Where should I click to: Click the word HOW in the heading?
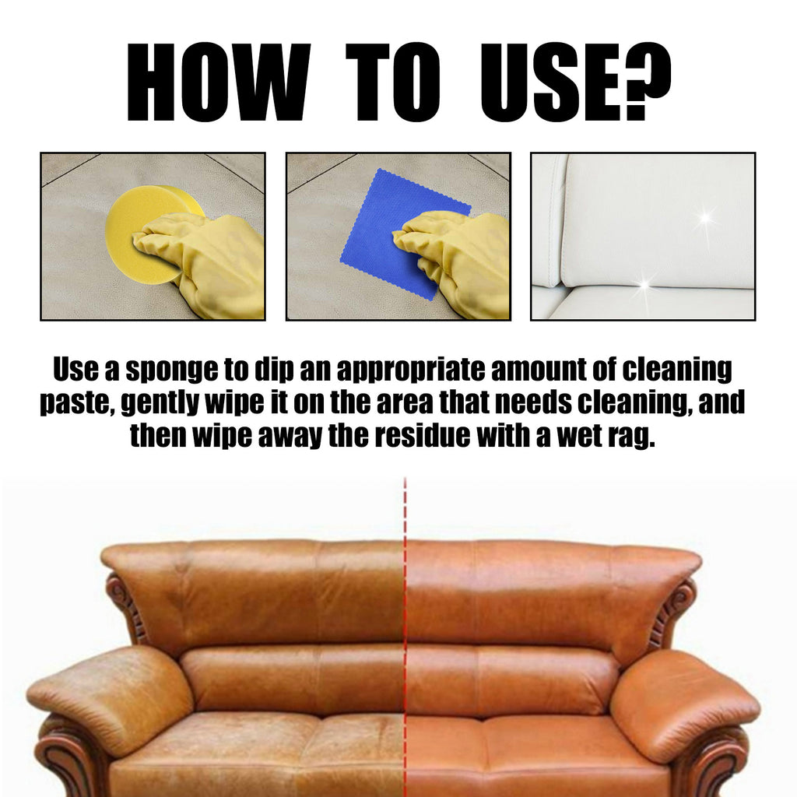(218, 82)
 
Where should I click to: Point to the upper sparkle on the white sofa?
(704, 218)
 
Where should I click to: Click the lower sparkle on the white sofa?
(644, 284)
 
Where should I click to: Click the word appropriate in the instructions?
(411, 370)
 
